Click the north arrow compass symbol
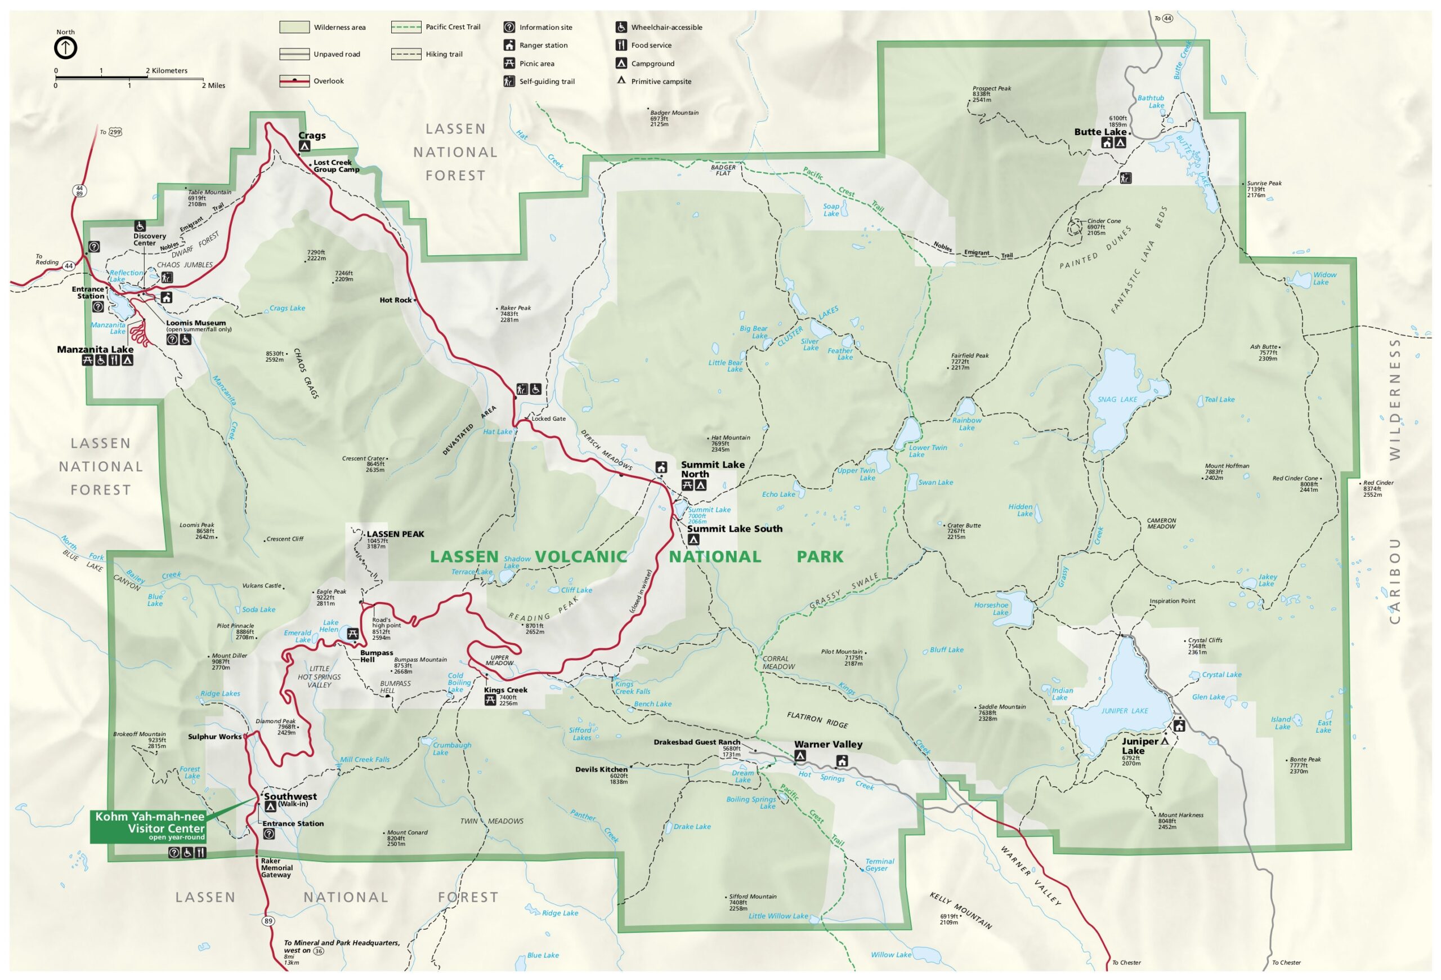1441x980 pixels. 66,48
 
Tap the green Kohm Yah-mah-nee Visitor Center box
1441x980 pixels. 148,826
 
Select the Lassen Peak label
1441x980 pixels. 395,534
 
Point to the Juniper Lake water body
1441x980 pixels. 1124,701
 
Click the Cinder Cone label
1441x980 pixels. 1104,221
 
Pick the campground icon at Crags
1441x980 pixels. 305,146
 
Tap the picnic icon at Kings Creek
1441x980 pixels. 490,700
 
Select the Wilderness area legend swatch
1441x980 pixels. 294,27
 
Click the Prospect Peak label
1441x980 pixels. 991,88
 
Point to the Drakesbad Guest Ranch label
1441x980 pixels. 696,742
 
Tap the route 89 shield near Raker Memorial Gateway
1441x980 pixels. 268,921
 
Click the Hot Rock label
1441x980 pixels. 395,300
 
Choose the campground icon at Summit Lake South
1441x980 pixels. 693,540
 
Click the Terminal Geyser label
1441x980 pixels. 879,865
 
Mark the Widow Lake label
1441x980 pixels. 1324,278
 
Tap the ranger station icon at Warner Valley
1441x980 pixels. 842,760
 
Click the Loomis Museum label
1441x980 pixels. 195,323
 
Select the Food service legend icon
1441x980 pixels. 621,45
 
